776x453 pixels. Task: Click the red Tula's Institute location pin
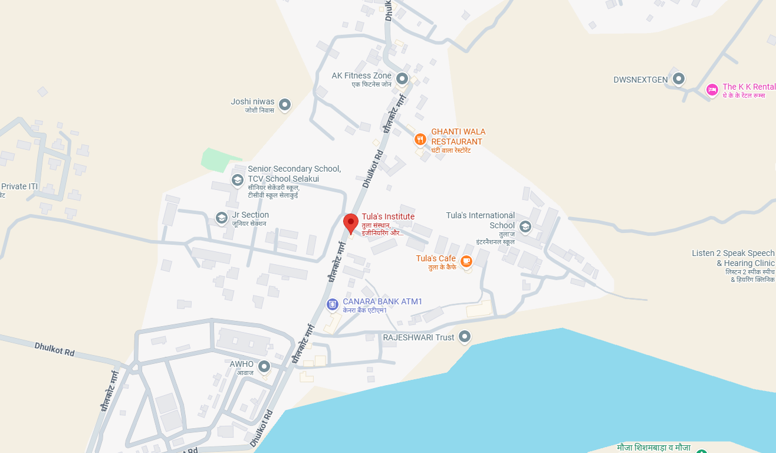point(351,224)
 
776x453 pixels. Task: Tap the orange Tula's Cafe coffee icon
point(466,260)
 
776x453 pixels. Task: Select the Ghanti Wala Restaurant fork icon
point(420,139)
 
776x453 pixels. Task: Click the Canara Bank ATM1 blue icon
point(333,304)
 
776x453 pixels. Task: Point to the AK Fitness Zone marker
point(402,78)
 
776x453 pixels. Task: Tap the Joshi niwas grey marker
point(285,105)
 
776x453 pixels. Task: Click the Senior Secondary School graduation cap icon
point(237,180)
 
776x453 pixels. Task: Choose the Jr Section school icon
point(222,218)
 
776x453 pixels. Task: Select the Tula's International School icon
point(525,225)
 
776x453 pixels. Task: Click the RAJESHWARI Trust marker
point(465,336)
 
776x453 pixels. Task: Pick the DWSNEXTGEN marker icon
point(679,78)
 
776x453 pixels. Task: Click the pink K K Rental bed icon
point(712,90)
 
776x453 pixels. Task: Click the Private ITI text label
point(19,186)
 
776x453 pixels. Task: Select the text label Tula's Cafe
point(436,258)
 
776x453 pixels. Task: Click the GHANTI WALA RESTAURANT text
point(458,136)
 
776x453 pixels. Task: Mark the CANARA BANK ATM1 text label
point(383,301)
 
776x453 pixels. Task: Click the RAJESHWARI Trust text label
point(419,337)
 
